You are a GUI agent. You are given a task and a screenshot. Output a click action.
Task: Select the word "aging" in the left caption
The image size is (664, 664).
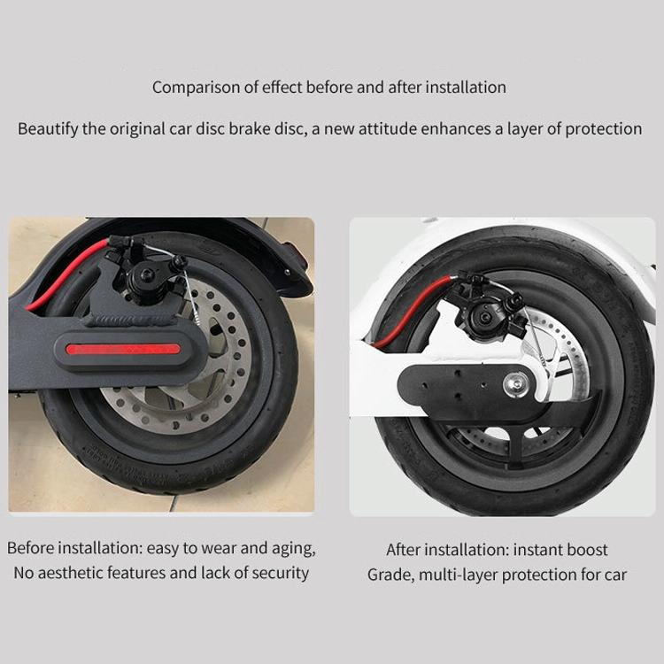pyautogui.click(x=293, y=548)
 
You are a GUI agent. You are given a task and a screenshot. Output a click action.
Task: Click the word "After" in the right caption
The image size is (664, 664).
pyautogui.click(x=405, y=551)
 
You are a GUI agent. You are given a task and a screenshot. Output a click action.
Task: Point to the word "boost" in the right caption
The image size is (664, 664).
pyautogui.click(x=586, y=551)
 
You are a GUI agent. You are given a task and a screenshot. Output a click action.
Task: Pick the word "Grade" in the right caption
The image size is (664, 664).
pyautogui.click(x=388, y=575)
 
